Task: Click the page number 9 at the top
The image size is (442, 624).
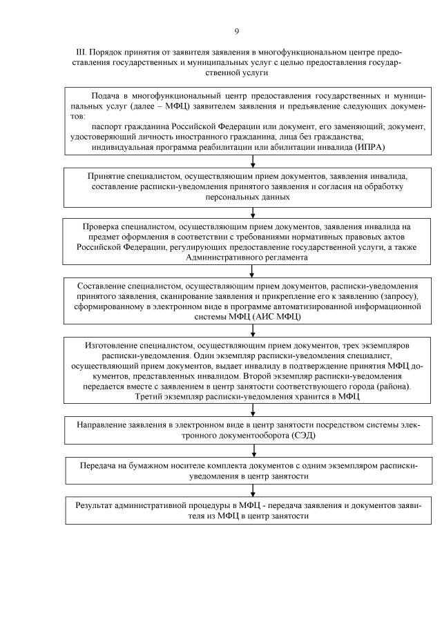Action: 237,31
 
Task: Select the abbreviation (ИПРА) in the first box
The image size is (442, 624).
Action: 371,146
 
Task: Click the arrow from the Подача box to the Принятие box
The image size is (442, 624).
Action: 253,162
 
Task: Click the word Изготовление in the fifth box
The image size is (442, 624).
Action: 113,344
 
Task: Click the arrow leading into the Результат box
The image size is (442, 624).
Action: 253,490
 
